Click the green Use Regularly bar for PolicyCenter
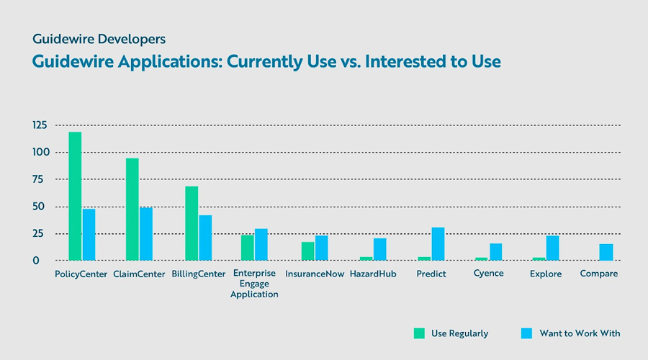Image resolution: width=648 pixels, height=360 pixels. coord(75,196)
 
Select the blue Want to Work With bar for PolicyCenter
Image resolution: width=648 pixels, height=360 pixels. coord(89,235)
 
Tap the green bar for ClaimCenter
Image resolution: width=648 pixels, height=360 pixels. coord(132,210)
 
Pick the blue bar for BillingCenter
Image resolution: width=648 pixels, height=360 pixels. coord(205,238)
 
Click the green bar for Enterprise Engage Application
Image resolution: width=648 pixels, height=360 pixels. coord(247,248)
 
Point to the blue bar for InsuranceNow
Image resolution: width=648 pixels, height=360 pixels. coord(321,248)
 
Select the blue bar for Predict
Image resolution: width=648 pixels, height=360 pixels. coord(438,244)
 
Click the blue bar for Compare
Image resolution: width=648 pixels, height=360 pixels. coord(606,252)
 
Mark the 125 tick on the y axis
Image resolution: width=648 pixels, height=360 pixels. coord(40,125)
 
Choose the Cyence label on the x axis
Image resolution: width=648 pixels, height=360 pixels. coord(488,274)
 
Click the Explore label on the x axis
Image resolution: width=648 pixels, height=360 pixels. coord(546,274)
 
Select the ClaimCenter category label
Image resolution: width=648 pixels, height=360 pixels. coord(140,274)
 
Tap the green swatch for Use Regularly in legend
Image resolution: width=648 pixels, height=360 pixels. coord(419,333)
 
